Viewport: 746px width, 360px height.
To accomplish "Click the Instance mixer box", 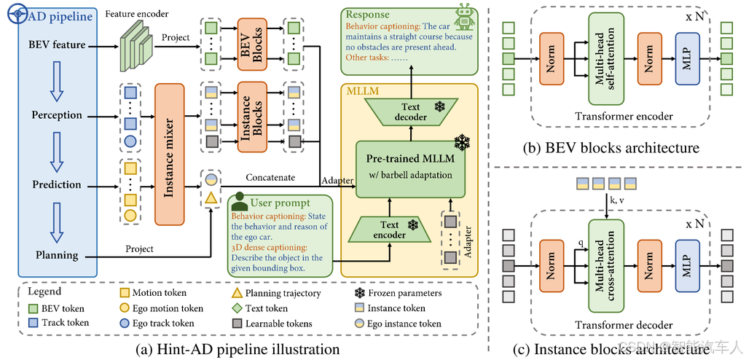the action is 169,154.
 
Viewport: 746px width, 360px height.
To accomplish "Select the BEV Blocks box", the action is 252,42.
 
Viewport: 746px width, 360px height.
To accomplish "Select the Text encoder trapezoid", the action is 390,229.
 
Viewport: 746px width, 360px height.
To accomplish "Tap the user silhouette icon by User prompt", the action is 238,201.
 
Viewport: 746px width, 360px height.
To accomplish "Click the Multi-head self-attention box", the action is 605,59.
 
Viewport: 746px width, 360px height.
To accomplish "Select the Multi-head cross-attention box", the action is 605,264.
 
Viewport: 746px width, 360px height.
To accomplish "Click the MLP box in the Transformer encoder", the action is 686,58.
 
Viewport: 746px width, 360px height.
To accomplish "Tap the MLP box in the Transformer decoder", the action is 686,265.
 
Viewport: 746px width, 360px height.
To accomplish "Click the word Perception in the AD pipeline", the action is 57,116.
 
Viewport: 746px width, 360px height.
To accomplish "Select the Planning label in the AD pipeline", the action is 57,255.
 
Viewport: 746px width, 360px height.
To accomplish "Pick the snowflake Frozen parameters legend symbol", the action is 360,294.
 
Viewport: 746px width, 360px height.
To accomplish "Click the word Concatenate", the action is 271,178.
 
